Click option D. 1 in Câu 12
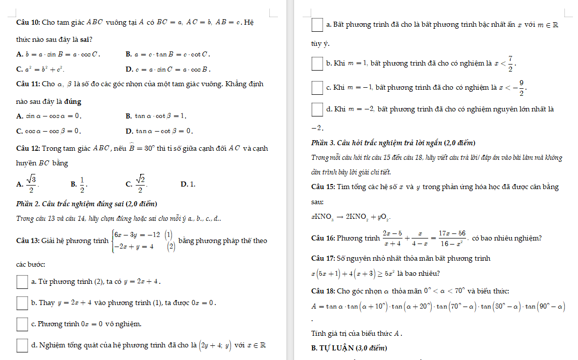[188, 184]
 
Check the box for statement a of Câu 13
[22, 281]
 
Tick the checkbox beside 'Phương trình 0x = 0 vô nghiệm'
[22, 324]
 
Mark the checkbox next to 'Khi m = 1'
[317, 64]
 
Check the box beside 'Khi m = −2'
[317, 109]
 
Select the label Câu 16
[323, 238]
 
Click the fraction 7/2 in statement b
[510, 64]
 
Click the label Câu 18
[323, 291]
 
